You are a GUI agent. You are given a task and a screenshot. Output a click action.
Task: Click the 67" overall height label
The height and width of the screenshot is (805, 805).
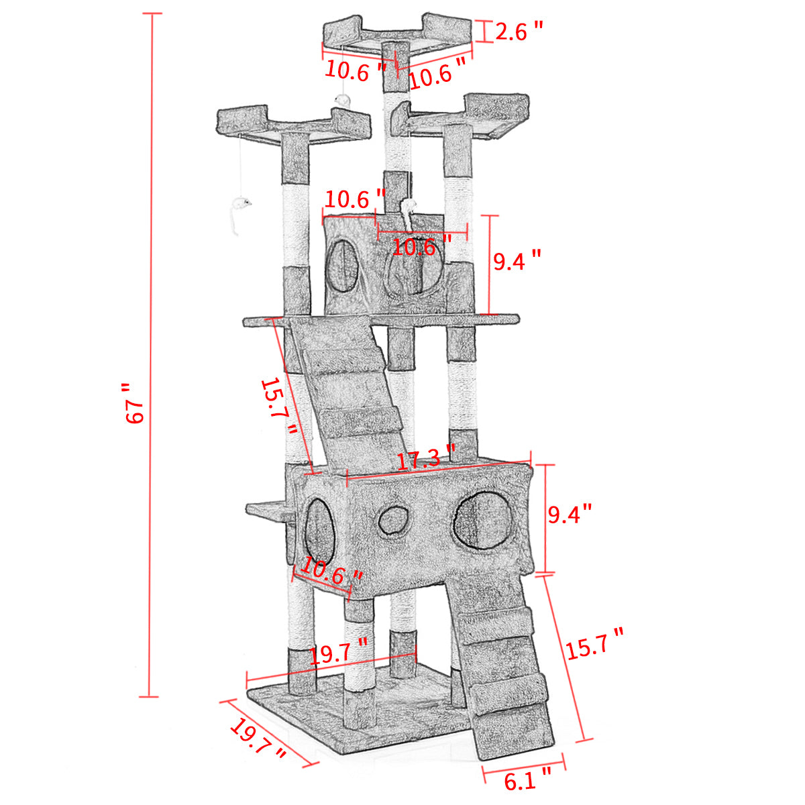pos(135,404)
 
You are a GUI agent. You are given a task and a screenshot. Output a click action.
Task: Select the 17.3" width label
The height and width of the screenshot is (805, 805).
pos(425,460)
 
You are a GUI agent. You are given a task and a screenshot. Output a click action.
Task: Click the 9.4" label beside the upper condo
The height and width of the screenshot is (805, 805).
pos(517,260)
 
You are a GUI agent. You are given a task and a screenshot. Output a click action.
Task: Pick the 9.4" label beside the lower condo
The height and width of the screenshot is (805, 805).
pos(570,515)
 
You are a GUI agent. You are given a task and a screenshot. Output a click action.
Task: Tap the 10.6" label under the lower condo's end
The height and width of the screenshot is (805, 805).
pos(331,572)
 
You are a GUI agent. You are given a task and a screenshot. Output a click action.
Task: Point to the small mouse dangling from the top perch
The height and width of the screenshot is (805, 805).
pos(343,100)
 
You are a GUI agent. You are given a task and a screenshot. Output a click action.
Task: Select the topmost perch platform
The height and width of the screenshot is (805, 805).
pos(397,37)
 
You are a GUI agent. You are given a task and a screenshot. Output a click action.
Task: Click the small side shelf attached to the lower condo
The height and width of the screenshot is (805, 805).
pos(268,510)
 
